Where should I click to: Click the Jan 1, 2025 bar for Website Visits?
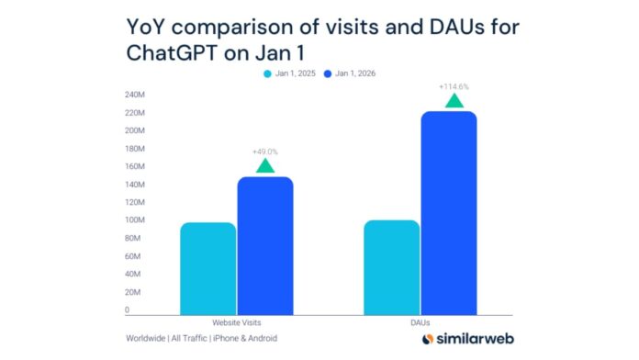point(207,268)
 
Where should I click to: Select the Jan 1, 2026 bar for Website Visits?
point(265,245)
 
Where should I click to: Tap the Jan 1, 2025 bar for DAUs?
point(392,267)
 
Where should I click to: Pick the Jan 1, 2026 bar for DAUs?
point(449,213)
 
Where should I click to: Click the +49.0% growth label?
point(265,152)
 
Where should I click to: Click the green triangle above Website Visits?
point(265,166)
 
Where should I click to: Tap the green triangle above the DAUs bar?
point(454,100)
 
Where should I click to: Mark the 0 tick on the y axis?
point(127,310)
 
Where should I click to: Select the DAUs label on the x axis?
point(420,323)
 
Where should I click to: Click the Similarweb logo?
point(465,339)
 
